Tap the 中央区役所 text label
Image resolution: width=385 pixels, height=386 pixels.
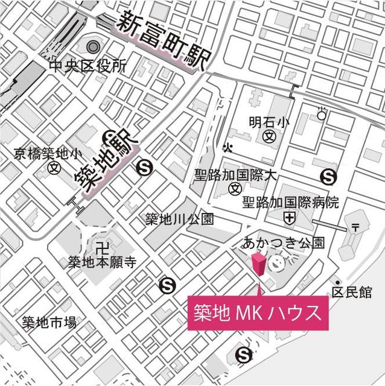tap(88, 65)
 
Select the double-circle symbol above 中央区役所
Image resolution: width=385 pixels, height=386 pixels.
tap(92, 46)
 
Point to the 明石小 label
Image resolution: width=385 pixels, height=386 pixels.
tap(269, 122)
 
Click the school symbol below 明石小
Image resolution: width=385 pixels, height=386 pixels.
tap(270, 136)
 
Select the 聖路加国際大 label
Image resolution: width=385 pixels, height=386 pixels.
tap(235, 175)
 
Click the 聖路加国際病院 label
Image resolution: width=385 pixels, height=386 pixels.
tap(291, 202)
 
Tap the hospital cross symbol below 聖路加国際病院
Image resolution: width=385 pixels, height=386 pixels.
tap(291, 217)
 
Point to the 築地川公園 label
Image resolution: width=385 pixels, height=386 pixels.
tap(179, 219)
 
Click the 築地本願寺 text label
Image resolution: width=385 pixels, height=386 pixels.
tap(102, 262)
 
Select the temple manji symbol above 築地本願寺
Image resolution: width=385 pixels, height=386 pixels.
tap(101, 246)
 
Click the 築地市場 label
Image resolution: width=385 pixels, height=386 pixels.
tap(49, 321)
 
